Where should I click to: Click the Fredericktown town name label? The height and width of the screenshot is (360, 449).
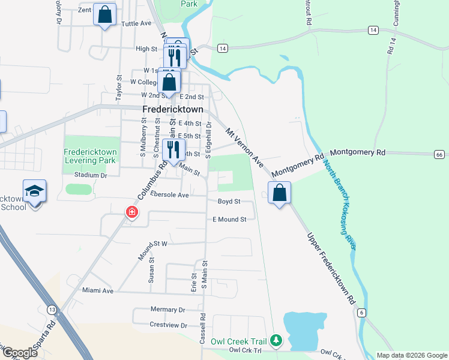tap(173, 110)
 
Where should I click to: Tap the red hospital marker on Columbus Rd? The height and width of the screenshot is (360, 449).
tap(131, 212)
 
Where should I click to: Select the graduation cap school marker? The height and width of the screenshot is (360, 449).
tap(35, 191)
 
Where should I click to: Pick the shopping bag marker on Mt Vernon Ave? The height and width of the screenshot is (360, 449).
tap(279, 193)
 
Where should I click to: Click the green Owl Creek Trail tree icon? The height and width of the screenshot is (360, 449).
tap(276, 341)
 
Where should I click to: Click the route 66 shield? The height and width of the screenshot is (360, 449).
tap(439, 155)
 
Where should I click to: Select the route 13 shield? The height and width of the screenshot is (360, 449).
tap(53, 310)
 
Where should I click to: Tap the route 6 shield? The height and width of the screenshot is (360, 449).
tap(361, 313)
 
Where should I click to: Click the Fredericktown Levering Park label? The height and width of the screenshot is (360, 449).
tap(91, 156)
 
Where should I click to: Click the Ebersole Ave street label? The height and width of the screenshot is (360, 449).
tap(170, 195)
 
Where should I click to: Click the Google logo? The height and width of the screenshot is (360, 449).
tap(20, 353)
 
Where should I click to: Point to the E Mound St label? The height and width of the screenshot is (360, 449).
tap(229, 220)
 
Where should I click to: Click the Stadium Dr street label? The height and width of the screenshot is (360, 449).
tap(90, 175)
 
